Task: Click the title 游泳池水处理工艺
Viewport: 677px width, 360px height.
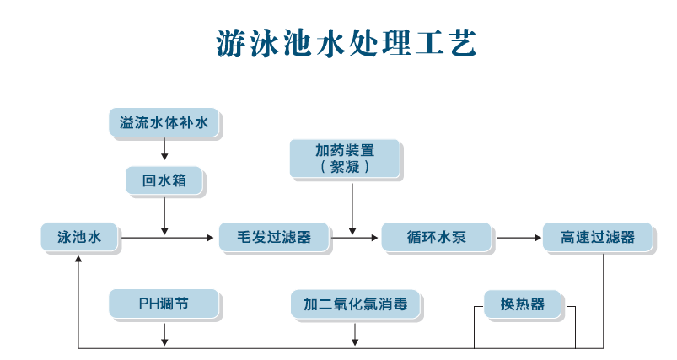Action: click(x=346, y=44)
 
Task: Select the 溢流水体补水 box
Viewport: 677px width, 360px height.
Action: click(x=164, y=123)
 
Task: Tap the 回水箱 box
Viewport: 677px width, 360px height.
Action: click(x=164, y=180)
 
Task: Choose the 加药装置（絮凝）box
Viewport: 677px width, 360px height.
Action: click(x=345, y=159)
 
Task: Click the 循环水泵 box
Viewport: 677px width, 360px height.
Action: click(x=436, y=237)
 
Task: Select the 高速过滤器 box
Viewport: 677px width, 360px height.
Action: click(x=598, y=237)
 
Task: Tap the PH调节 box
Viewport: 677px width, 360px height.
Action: click(x=164, y=304)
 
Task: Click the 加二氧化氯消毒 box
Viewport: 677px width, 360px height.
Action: click(x=355, y=304)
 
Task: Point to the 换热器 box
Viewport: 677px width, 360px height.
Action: click(x=522, y=304)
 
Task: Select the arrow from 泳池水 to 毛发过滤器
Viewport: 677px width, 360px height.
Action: click(x=169, y=238)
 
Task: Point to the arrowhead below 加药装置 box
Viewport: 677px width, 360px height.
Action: click(x=352, y=231)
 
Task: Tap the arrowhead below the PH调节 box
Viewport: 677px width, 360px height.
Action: click(x=164, y=341)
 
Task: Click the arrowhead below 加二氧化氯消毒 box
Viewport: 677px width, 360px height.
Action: click(x=355, y=341)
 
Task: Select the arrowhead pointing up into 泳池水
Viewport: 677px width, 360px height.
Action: click(x=78, y=258)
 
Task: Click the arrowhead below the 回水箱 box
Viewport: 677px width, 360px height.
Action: click(x=164, y=231)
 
